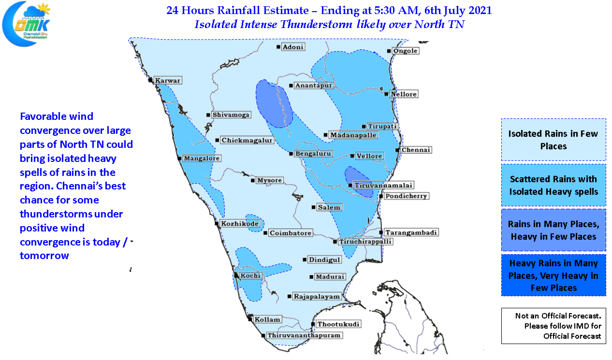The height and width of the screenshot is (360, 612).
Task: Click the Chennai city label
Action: click(416, 150)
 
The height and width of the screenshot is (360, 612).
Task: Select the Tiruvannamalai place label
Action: click(377, 185)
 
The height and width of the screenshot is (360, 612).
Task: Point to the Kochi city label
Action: click(250, 275)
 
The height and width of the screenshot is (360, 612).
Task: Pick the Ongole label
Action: click(405, 51)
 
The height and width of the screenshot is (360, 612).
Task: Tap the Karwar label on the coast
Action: click(168, 80)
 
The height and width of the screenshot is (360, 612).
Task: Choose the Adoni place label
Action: click(293, 47)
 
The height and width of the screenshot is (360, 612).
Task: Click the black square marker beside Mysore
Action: click(253, 181)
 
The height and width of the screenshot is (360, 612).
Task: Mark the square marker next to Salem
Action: click(314, 207)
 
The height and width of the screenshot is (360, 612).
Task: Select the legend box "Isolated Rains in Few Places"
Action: click(553, 140)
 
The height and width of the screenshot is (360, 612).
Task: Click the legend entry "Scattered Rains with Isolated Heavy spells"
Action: click(553, 185)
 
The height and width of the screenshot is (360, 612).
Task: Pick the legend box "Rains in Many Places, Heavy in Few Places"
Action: click(553, 230)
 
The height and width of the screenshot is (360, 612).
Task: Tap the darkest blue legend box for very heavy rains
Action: click(553, 275)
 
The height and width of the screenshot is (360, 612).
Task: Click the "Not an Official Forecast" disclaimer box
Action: click(553, 326)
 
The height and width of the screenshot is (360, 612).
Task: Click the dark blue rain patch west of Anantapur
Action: click(274, 104)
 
